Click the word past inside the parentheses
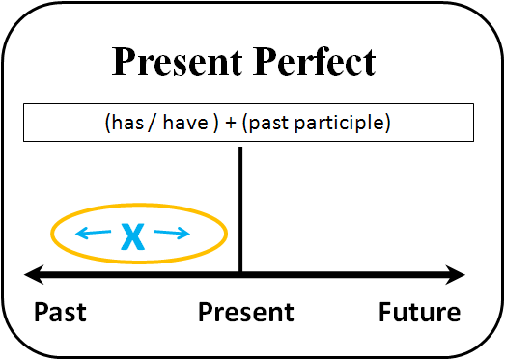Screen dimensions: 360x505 [279, 124]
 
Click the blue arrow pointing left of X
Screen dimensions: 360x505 [93, 233]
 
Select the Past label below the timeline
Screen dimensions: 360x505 [60, 313]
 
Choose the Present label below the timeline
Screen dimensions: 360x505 [246, 313]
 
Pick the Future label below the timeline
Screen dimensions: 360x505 [419, 313]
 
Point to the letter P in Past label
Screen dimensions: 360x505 [42, 313]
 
